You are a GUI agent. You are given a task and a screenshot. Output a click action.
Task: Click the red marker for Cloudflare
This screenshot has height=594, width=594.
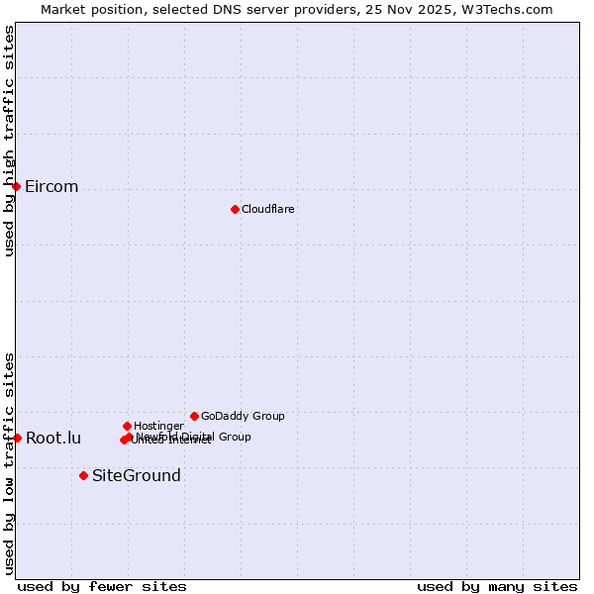click(x=235, y=209)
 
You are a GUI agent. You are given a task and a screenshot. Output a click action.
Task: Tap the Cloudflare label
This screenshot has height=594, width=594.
click(x=268, y=210)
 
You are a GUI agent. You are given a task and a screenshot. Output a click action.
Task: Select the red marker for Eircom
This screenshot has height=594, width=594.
click(x=16, y=186)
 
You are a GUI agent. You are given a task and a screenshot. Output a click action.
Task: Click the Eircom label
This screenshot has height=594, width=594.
click(x=51, y=187)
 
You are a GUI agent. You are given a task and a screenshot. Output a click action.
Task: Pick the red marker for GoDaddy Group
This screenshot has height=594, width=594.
click(x=194, y=416)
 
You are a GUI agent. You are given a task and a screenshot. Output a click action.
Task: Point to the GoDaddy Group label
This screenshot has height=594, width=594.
click(x=243, y=417)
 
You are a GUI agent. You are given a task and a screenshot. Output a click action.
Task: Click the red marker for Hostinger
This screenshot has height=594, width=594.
click(x=127, y=426)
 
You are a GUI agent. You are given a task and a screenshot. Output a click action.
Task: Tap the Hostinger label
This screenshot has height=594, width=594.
click(x=158, y=427)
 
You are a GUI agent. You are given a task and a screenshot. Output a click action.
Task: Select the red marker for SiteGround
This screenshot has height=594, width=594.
click(x=83, y=475)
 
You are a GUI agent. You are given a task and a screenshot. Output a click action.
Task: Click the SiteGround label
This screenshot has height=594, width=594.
click(x=137, y=476)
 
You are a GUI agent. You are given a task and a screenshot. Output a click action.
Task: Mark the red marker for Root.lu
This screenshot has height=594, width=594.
click(x=17, y=438)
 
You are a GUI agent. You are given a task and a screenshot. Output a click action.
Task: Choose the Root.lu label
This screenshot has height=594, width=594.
click(x=53, y=439)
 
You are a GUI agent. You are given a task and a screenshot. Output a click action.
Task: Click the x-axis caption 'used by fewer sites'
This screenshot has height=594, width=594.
click(x=102, y=586)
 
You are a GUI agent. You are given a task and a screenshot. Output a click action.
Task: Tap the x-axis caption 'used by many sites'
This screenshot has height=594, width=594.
click(x=497, y=586)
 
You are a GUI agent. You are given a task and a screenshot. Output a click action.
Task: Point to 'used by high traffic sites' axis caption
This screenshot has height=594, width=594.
click(x=9, y=141)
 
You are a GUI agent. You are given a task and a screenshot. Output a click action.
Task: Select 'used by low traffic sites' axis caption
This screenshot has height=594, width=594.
click(x=9, y=462)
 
